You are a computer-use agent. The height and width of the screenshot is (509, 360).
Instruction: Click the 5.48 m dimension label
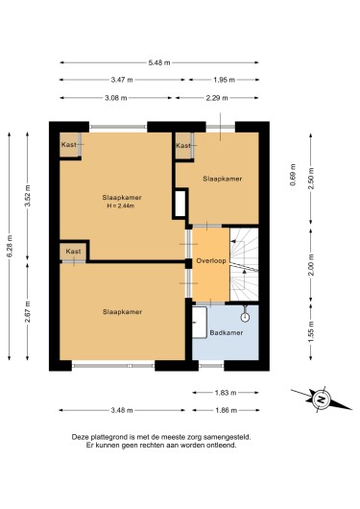[x=159, y=62]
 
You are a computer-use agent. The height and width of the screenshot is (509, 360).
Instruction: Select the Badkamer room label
[x=227, y=332]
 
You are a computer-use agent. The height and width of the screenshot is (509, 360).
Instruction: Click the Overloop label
[x=211, y=260]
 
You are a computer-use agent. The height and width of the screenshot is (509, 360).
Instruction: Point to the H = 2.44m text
[x=120, y=206]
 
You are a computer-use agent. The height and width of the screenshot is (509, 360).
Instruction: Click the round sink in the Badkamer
[x=245, y=317]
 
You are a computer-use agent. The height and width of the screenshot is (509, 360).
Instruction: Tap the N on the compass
[x=321, y=399]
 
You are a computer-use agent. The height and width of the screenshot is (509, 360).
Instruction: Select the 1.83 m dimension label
[x=226, y=393]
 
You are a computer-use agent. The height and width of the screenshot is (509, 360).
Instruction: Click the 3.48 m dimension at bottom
[x=122, y=410]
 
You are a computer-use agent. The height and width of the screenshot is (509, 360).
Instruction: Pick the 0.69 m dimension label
[x=293, y=175]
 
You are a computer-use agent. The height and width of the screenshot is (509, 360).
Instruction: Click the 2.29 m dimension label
[x=217, y=98]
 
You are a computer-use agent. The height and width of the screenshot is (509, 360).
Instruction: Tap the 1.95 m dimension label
[x=224, y=80]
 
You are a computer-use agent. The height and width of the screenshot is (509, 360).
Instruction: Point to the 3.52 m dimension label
[x=27, y=196]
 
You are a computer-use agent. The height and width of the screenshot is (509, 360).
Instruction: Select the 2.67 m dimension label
[x=27, y=311]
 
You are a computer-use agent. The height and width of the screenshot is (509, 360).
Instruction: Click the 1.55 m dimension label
[x=311, y=331]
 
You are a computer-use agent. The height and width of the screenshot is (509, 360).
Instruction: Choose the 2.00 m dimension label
[x=311, y=265]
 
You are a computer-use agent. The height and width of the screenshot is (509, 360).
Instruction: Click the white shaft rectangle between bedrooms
[x=180, y=204]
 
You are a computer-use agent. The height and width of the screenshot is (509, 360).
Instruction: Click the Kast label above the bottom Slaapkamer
[x=73, y=252]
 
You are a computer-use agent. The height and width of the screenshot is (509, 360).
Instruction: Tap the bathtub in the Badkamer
[x=200, y=322]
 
